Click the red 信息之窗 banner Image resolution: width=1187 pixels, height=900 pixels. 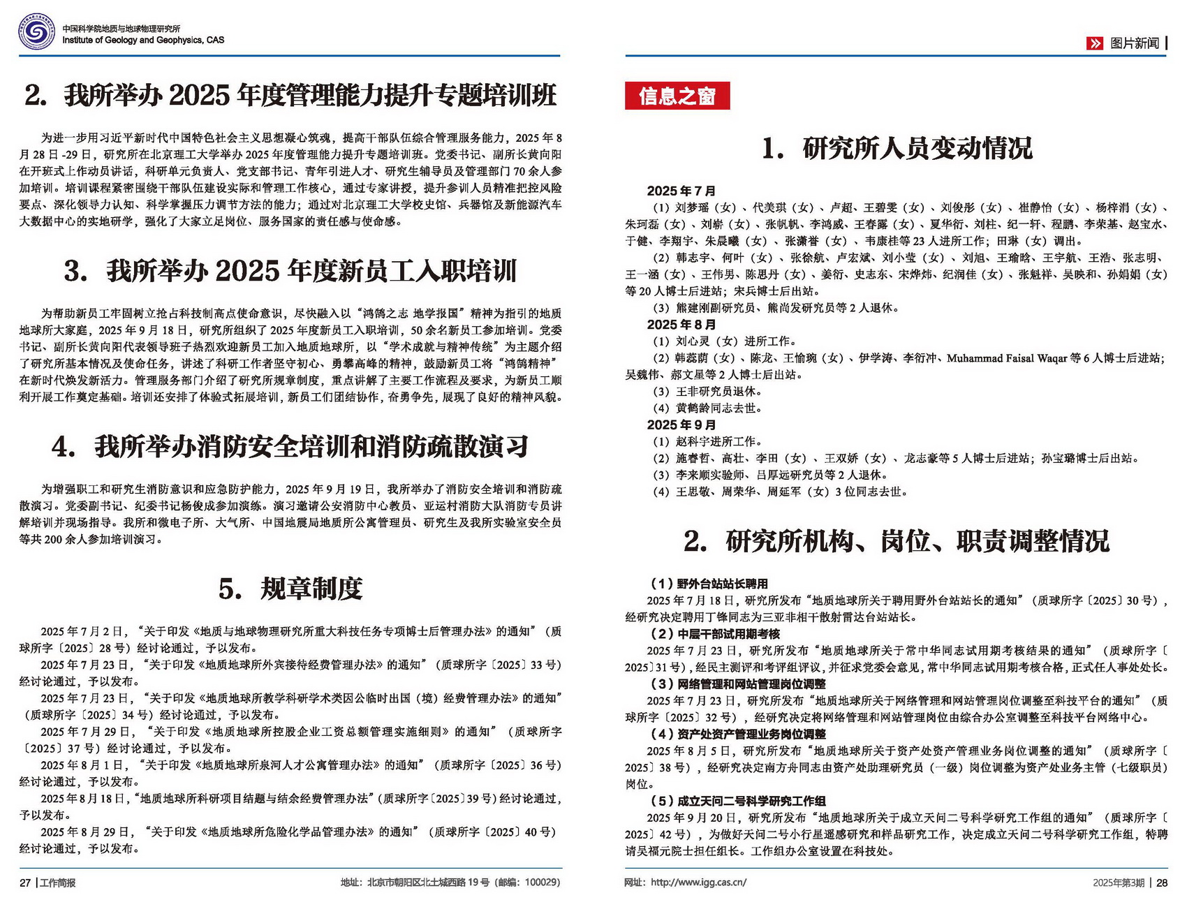tap(677, 96)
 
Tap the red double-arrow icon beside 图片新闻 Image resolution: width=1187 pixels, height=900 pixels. tap(1094, 43)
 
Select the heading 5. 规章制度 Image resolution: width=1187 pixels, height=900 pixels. tap(290, 589)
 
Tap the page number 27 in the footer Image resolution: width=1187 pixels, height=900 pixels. tap(25, 883)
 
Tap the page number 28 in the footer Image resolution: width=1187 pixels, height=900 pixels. tap(1162, 883)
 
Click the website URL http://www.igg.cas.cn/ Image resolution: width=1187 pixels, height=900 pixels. tap(698, 883)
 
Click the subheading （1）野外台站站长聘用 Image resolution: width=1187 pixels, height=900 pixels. tap(709, 584)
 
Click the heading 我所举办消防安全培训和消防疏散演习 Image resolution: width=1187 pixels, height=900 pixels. tap(290, 447)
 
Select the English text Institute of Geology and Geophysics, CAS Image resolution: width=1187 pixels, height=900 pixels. tap(143, 40)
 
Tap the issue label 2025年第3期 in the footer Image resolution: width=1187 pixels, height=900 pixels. tap(1119, 883)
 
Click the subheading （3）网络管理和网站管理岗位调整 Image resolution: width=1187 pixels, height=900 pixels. tap(737, 684)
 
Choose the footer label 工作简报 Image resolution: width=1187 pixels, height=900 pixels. tap(58, 883)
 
